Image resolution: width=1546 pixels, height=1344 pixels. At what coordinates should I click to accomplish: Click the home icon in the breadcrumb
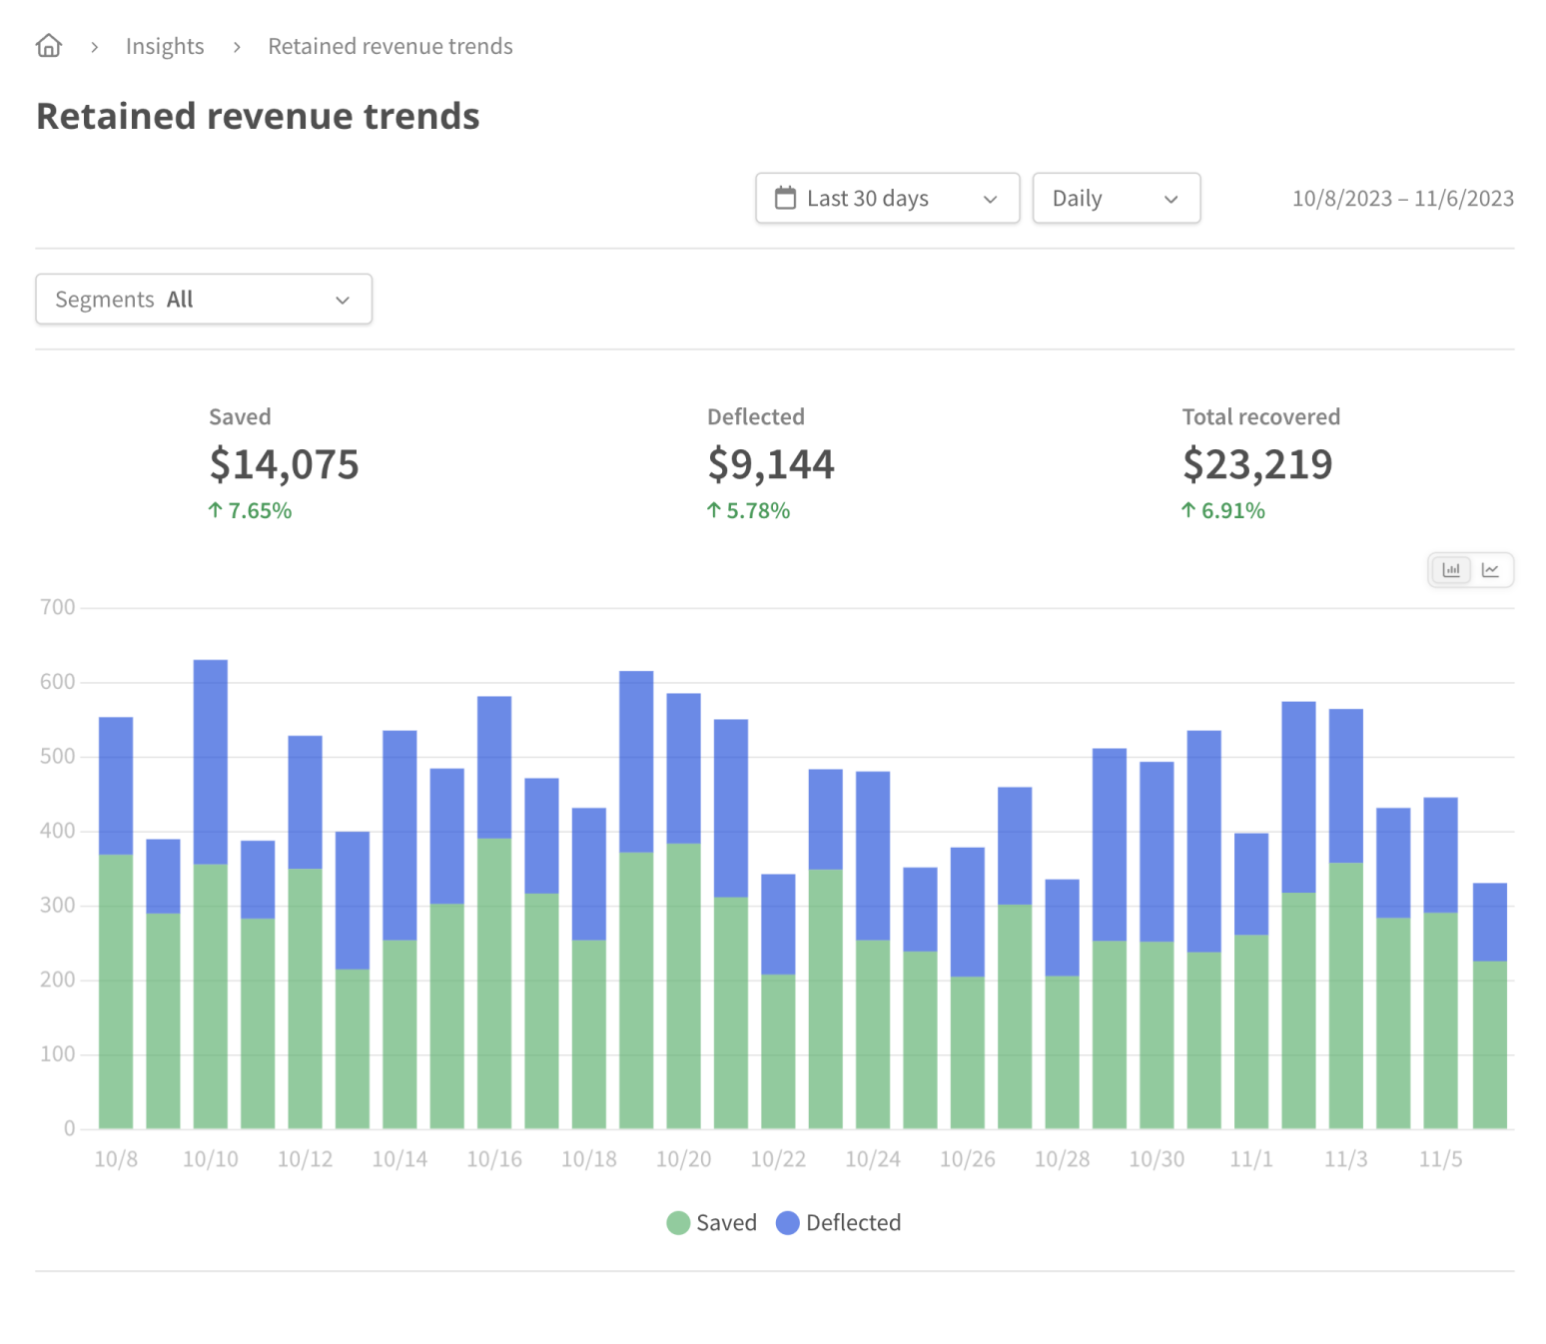coord(48,46)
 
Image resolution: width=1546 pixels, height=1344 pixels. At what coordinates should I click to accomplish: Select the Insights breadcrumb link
coord(164,46)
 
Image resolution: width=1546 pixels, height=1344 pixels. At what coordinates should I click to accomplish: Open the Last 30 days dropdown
coord(886,198)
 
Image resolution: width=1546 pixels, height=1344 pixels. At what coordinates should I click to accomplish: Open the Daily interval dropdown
coord(1115,198)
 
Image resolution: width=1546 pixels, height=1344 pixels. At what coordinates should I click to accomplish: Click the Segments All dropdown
coord(204,299)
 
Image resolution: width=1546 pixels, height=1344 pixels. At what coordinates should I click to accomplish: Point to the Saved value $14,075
coord(284,464)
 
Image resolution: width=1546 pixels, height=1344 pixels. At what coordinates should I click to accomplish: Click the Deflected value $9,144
coord(770,464)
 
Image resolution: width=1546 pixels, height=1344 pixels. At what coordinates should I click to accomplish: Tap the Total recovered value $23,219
coord(1256,464)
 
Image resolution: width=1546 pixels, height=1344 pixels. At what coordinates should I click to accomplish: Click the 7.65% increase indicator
coord(250,510)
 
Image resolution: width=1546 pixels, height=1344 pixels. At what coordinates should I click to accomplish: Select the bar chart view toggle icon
coord(1450,570)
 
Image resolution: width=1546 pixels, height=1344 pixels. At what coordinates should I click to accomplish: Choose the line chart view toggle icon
coord(1490,570)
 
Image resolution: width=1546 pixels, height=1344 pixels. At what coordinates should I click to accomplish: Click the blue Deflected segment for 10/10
coord(210,761)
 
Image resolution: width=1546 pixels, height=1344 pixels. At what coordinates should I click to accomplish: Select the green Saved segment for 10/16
coord(494,983)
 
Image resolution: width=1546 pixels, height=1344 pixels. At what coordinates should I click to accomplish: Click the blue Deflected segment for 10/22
coord(778,924)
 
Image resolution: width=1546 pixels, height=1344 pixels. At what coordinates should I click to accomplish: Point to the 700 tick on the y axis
coord(57,607)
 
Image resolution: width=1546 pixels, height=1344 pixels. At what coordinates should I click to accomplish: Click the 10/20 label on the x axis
coord(683,1159)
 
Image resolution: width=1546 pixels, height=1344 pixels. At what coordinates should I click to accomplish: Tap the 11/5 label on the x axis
coord(1440,1159)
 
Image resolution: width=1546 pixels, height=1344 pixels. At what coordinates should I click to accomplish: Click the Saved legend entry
coord(712,1222)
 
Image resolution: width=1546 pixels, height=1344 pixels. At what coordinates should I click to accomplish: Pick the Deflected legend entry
coord(839,1222)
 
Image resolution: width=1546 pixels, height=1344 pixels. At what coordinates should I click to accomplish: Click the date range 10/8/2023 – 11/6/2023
coord(1402,198)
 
